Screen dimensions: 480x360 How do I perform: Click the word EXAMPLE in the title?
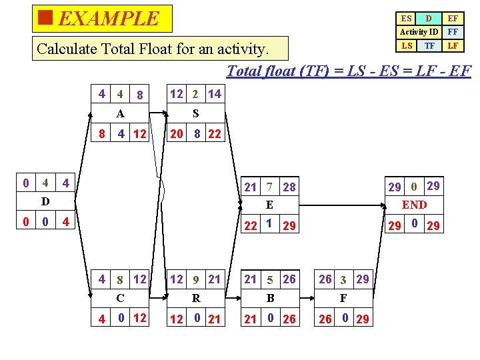coord(109,18)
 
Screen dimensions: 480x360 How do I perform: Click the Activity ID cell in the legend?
coord(419,32)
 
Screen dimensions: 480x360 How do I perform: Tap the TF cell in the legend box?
coord(430,45)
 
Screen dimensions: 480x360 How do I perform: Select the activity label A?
coord(120,114)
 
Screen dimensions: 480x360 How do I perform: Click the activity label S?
coord(195,114)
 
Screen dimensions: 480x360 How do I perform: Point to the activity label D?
coord(45,201)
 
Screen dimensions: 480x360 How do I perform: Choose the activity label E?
coord(269,205)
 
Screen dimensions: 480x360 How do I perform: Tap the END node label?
coord(414,205)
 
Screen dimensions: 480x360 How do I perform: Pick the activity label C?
coord(120,298)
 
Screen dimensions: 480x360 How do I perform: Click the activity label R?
coord(195,298)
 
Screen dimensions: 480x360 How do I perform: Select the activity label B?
coord(270,298)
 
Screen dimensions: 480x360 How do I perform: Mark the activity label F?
coord(343,298)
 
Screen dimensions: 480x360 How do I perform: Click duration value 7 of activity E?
coord(269,187)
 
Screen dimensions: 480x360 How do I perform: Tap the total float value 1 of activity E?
coord(267,224)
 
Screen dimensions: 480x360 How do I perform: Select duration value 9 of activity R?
coord(195,279)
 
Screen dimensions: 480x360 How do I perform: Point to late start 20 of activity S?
coord(177,134)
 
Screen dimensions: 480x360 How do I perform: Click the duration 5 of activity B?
coord(270,279)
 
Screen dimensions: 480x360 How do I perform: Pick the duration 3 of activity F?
coord(343,279)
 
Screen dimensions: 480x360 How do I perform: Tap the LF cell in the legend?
coord(453,45)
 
